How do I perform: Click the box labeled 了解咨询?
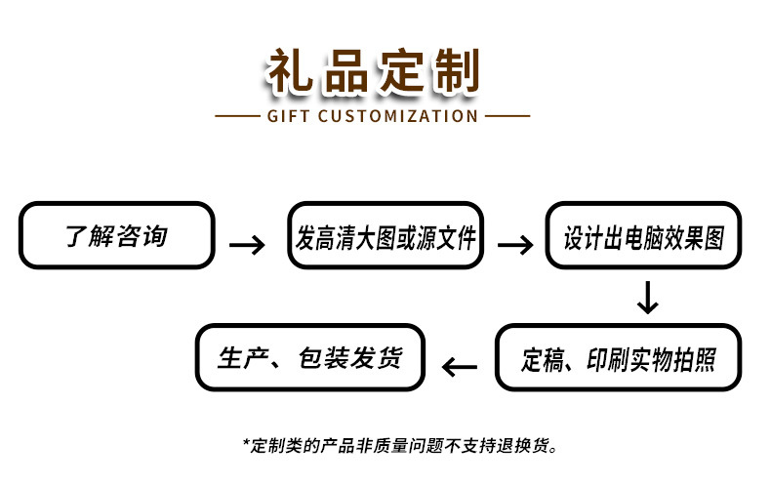116,236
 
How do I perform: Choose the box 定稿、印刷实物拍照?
618,359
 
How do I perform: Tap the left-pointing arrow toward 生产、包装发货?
461,367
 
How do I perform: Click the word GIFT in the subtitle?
290,116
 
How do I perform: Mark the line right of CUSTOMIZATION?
507,116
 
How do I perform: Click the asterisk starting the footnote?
246,444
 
